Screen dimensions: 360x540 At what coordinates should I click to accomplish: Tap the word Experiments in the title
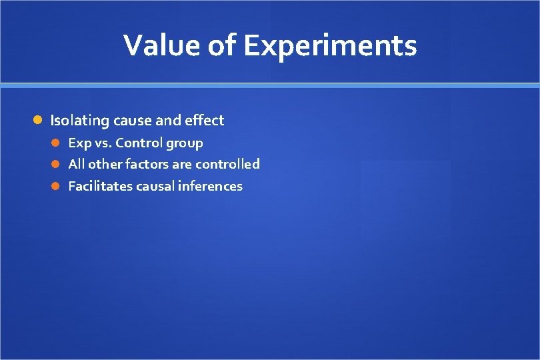point(330,45)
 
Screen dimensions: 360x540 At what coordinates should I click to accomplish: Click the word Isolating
point(80,121)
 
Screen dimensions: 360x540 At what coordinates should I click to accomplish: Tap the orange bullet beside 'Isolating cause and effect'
point(39,121)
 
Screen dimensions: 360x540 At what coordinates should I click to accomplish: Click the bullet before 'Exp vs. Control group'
point(57,143)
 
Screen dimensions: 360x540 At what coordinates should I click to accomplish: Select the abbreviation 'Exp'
point(79,143)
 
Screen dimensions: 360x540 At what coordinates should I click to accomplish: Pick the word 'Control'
point(139,143)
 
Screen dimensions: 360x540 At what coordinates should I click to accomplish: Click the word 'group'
point(185,143)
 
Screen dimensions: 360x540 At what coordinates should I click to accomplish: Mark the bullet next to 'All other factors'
point(57,164)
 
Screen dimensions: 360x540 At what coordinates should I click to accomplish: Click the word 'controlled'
point(227,164)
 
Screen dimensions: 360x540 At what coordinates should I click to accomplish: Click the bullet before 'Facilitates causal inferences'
point(57,186)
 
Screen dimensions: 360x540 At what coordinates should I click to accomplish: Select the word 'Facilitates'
point(100,186)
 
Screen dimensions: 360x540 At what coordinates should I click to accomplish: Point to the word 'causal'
point(153,186)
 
